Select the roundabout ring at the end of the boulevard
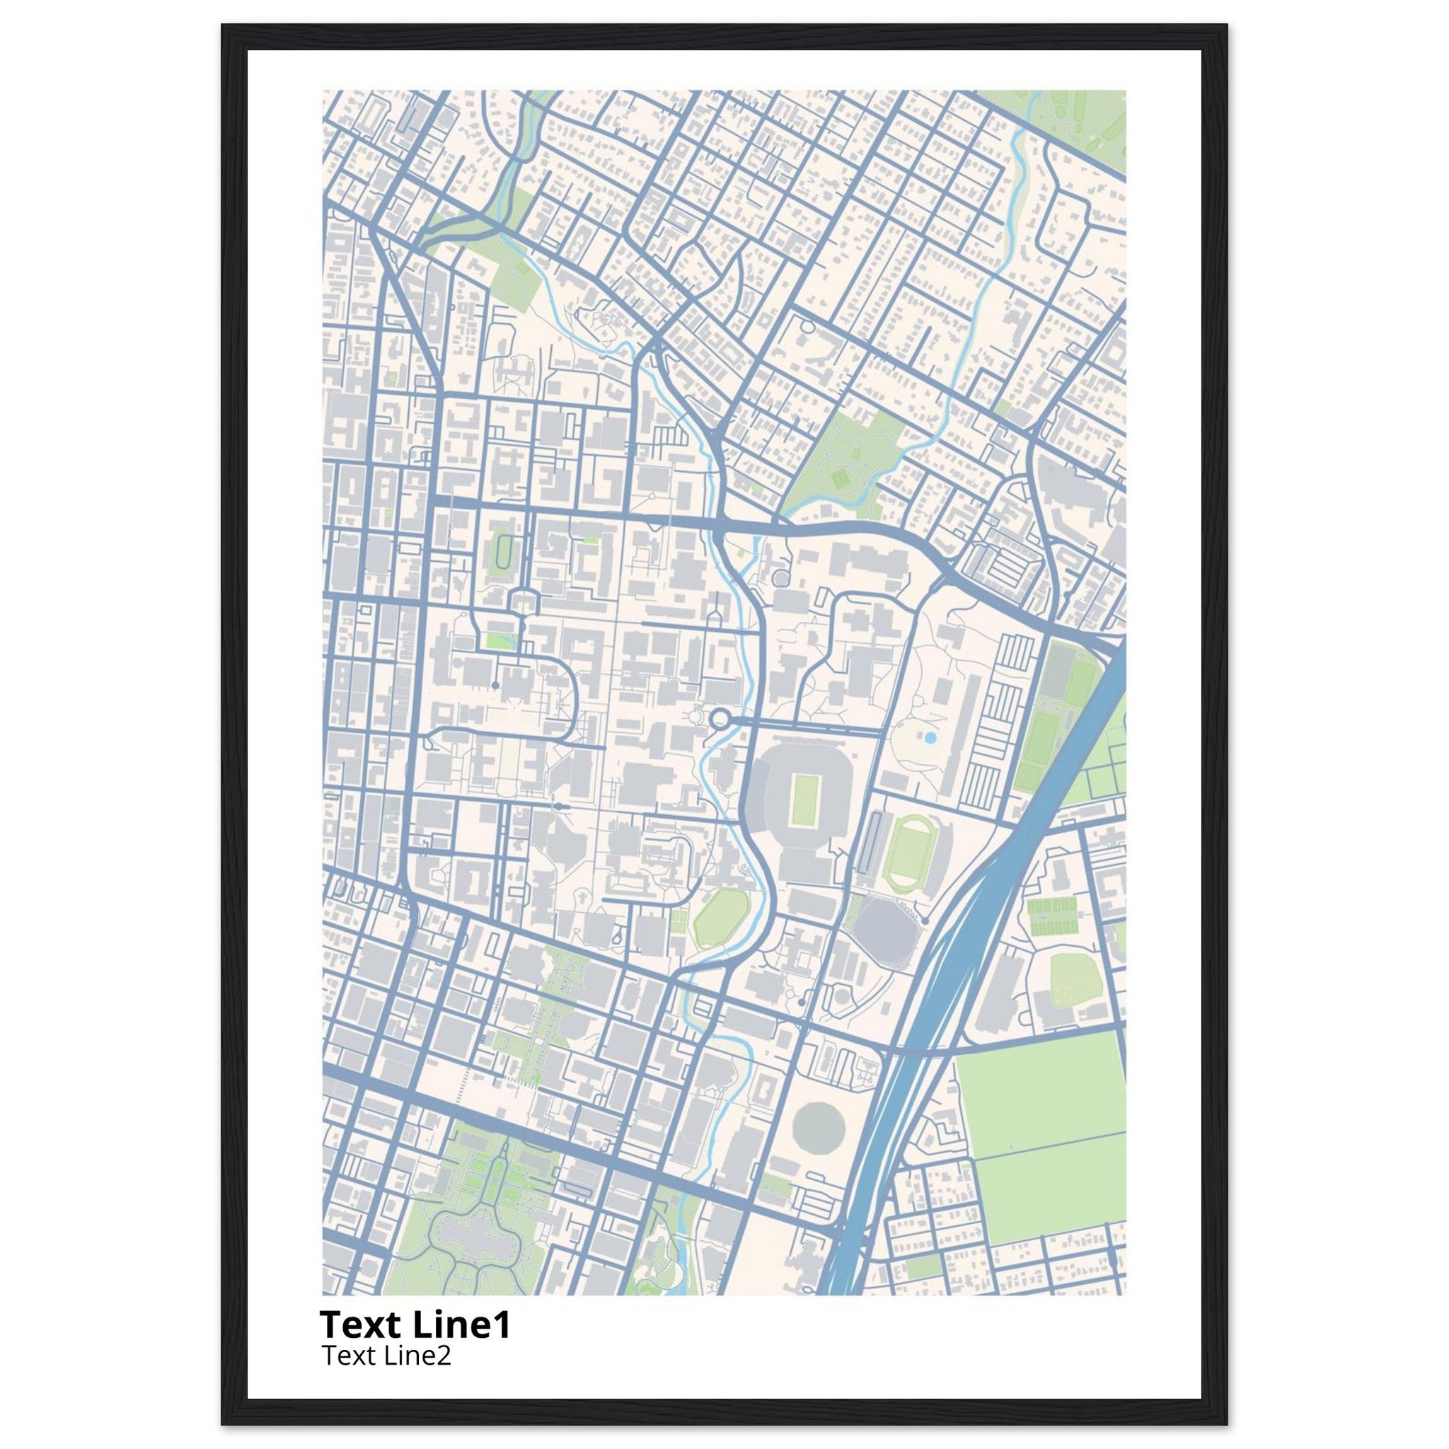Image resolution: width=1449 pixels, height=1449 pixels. pos(721,720)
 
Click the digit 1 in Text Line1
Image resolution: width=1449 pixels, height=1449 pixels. pos(501,1325)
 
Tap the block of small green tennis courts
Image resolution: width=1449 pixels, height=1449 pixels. pos(1051,916)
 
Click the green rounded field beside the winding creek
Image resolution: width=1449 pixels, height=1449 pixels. pos(721,916)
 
